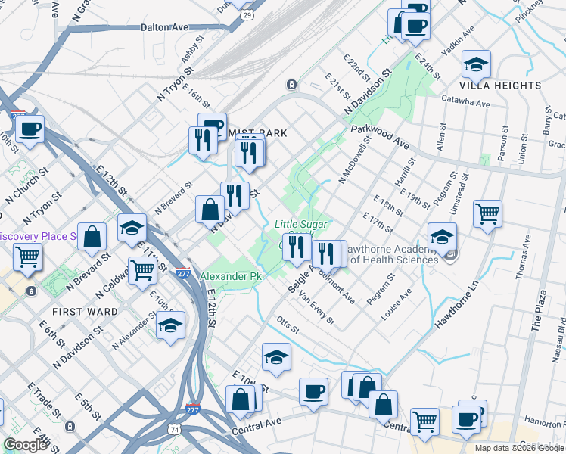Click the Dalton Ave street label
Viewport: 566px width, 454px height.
[164, 26]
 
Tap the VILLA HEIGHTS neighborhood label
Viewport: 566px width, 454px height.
[500, 86]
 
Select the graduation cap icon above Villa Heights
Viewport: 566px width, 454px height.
[476, 65]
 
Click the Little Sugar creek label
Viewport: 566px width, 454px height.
[300, 224]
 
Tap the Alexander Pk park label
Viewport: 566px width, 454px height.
[230, 276]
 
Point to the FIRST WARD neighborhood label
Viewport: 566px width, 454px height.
[85, 311]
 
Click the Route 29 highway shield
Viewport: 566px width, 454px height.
[247, 14]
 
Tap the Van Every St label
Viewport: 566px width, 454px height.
[316, 306]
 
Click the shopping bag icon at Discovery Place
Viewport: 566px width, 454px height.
[92, 236]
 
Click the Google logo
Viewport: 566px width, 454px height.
[25, 445]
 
